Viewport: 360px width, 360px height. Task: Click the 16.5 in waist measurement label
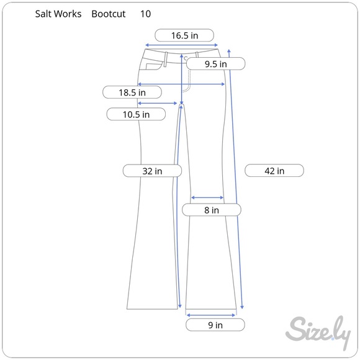(184, 35)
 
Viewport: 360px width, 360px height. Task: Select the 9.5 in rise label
(215, 63)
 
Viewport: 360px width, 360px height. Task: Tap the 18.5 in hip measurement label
(132, 92)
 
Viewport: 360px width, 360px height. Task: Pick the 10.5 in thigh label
(135, 114)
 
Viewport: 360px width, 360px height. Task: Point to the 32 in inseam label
(151, 171)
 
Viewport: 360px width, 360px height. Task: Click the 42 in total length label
(274, 171)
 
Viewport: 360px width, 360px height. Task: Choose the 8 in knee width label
(211, 210)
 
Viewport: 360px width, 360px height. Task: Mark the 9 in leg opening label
(215, 325)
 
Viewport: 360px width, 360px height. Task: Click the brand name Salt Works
(58, 14)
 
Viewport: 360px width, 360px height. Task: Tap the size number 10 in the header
(145, 14)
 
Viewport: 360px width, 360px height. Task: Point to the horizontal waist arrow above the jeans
(181, 45)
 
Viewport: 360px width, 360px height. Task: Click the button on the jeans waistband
(186, 58)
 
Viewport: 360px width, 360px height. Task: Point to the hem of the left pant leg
(152, 308)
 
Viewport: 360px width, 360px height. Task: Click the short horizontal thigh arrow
(158, 104)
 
